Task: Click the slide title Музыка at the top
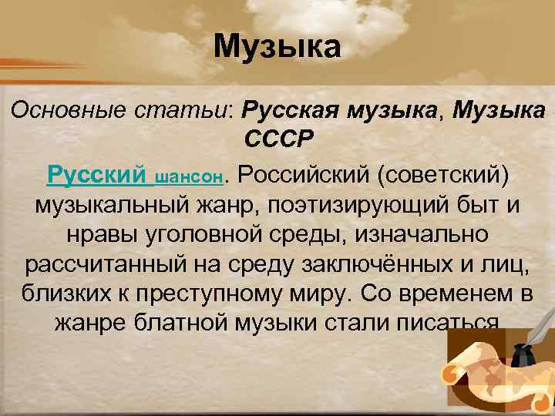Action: point(277,47)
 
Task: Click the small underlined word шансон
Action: point(190,177)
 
